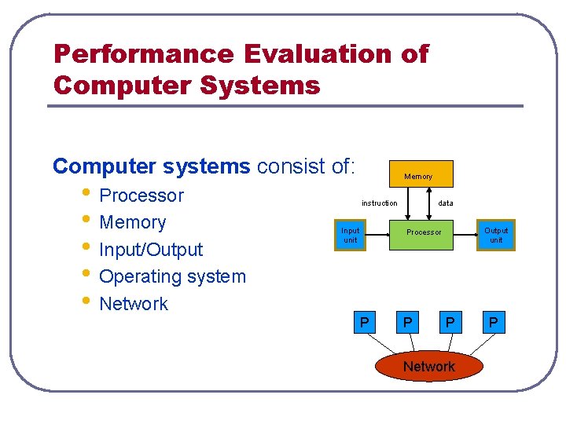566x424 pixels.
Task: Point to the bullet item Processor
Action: (141, 196)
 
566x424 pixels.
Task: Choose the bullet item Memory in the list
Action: (132, 222)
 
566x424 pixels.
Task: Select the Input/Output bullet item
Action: (151, 250)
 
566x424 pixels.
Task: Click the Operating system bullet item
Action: (172, 276)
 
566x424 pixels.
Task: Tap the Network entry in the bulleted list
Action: (134, 304)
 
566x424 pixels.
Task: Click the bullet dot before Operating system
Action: (86, 276)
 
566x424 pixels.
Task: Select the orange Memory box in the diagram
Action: (418, 174)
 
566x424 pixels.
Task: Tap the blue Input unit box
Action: (350, 235)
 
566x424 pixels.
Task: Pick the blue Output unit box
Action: (496, 235)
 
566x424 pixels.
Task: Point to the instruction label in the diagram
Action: (379, 203)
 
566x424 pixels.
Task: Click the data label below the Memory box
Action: (446, 203)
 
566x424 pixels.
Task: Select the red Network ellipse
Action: (428, 366)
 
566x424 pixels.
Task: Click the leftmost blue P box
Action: (363, 322)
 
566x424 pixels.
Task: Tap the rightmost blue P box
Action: (493, 322)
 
